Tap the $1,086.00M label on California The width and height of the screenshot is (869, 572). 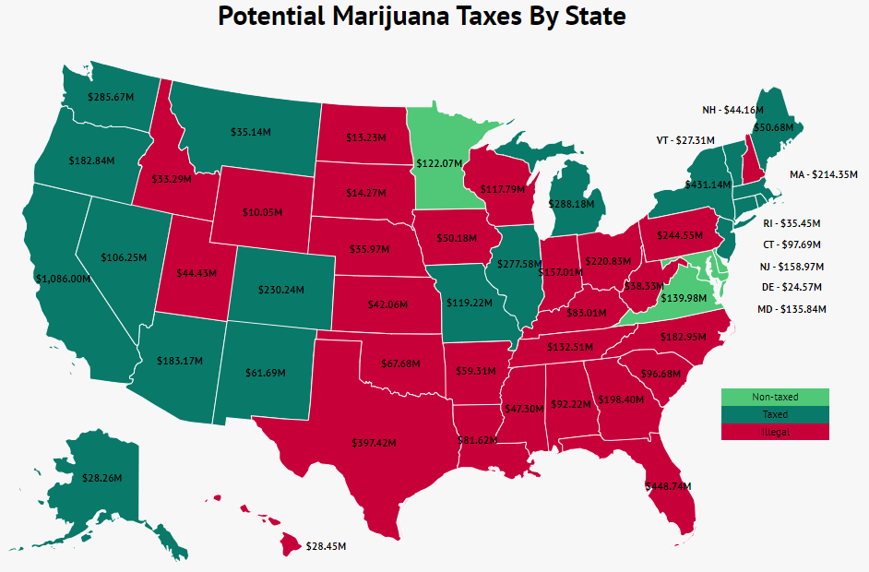tap(63, 278)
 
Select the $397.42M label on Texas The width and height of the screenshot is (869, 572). tap(373, 443)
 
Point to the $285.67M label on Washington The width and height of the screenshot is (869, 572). tap(111, 96)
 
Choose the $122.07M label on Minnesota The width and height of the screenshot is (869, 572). tap(437, 163)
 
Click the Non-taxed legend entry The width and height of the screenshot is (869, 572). tap(775, 397)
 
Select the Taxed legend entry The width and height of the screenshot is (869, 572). tap(775, 414)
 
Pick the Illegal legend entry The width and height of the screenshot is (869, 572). tap(775, 432)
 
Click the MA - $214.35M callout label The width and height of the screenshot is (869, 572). tap(824, 174)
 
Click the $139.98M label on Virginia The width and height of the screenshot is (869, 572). tap(684, 297)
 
